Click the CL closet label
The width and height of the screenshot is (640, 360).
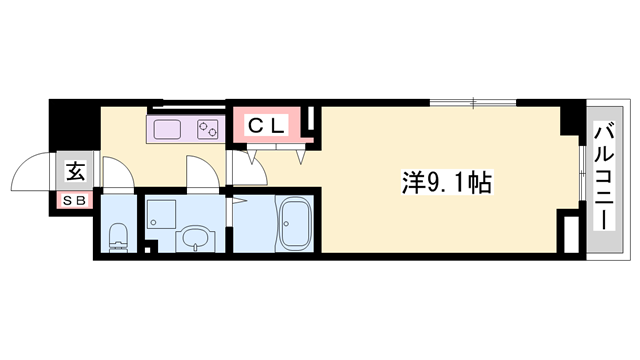(x=266, y=126)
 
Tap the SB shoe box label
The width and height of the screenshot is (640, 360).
(x=75, y=200)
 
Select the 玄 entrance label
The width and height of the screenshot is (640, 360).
(x=76, y=171)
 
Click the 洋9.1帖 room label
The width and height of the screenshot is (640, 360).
(x=447, y=182)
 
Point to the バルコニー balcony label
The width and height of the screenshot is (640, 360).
(x=604, y=176)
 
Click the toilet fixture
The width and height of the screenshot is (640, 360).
(x=118, y=238)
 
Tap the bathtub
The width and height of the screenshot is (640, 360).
(x=295, y=224)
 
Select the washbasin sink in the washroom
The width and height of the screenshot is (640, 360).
(x=196, y=240)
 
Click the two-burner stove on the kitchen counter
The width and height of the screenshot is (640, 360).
(x=208, y=129)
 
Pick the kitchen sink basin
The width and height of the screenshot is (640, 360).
(x=167, y=129)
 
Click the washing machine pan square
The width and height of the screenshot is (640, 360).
(x=161, y=213)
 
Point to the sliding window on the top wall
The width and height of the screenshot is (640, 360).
(x=473, y=103)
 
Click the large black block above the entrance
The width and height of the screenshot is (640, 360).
(x=75, y=125)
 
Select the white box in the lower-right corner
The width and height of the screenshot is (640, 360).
(x=571, y=233)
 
